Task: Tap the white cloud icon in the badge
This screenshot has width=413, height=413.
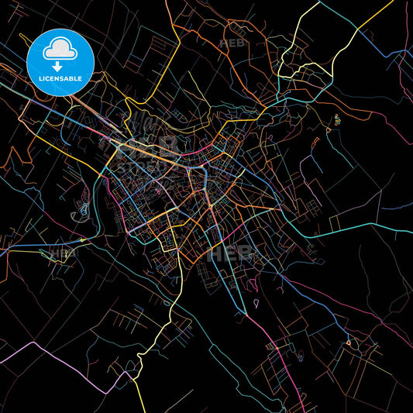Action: tap(60, 50)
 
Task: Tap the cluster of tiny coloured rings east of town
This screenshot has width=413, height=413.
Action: tap(337, 119)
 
